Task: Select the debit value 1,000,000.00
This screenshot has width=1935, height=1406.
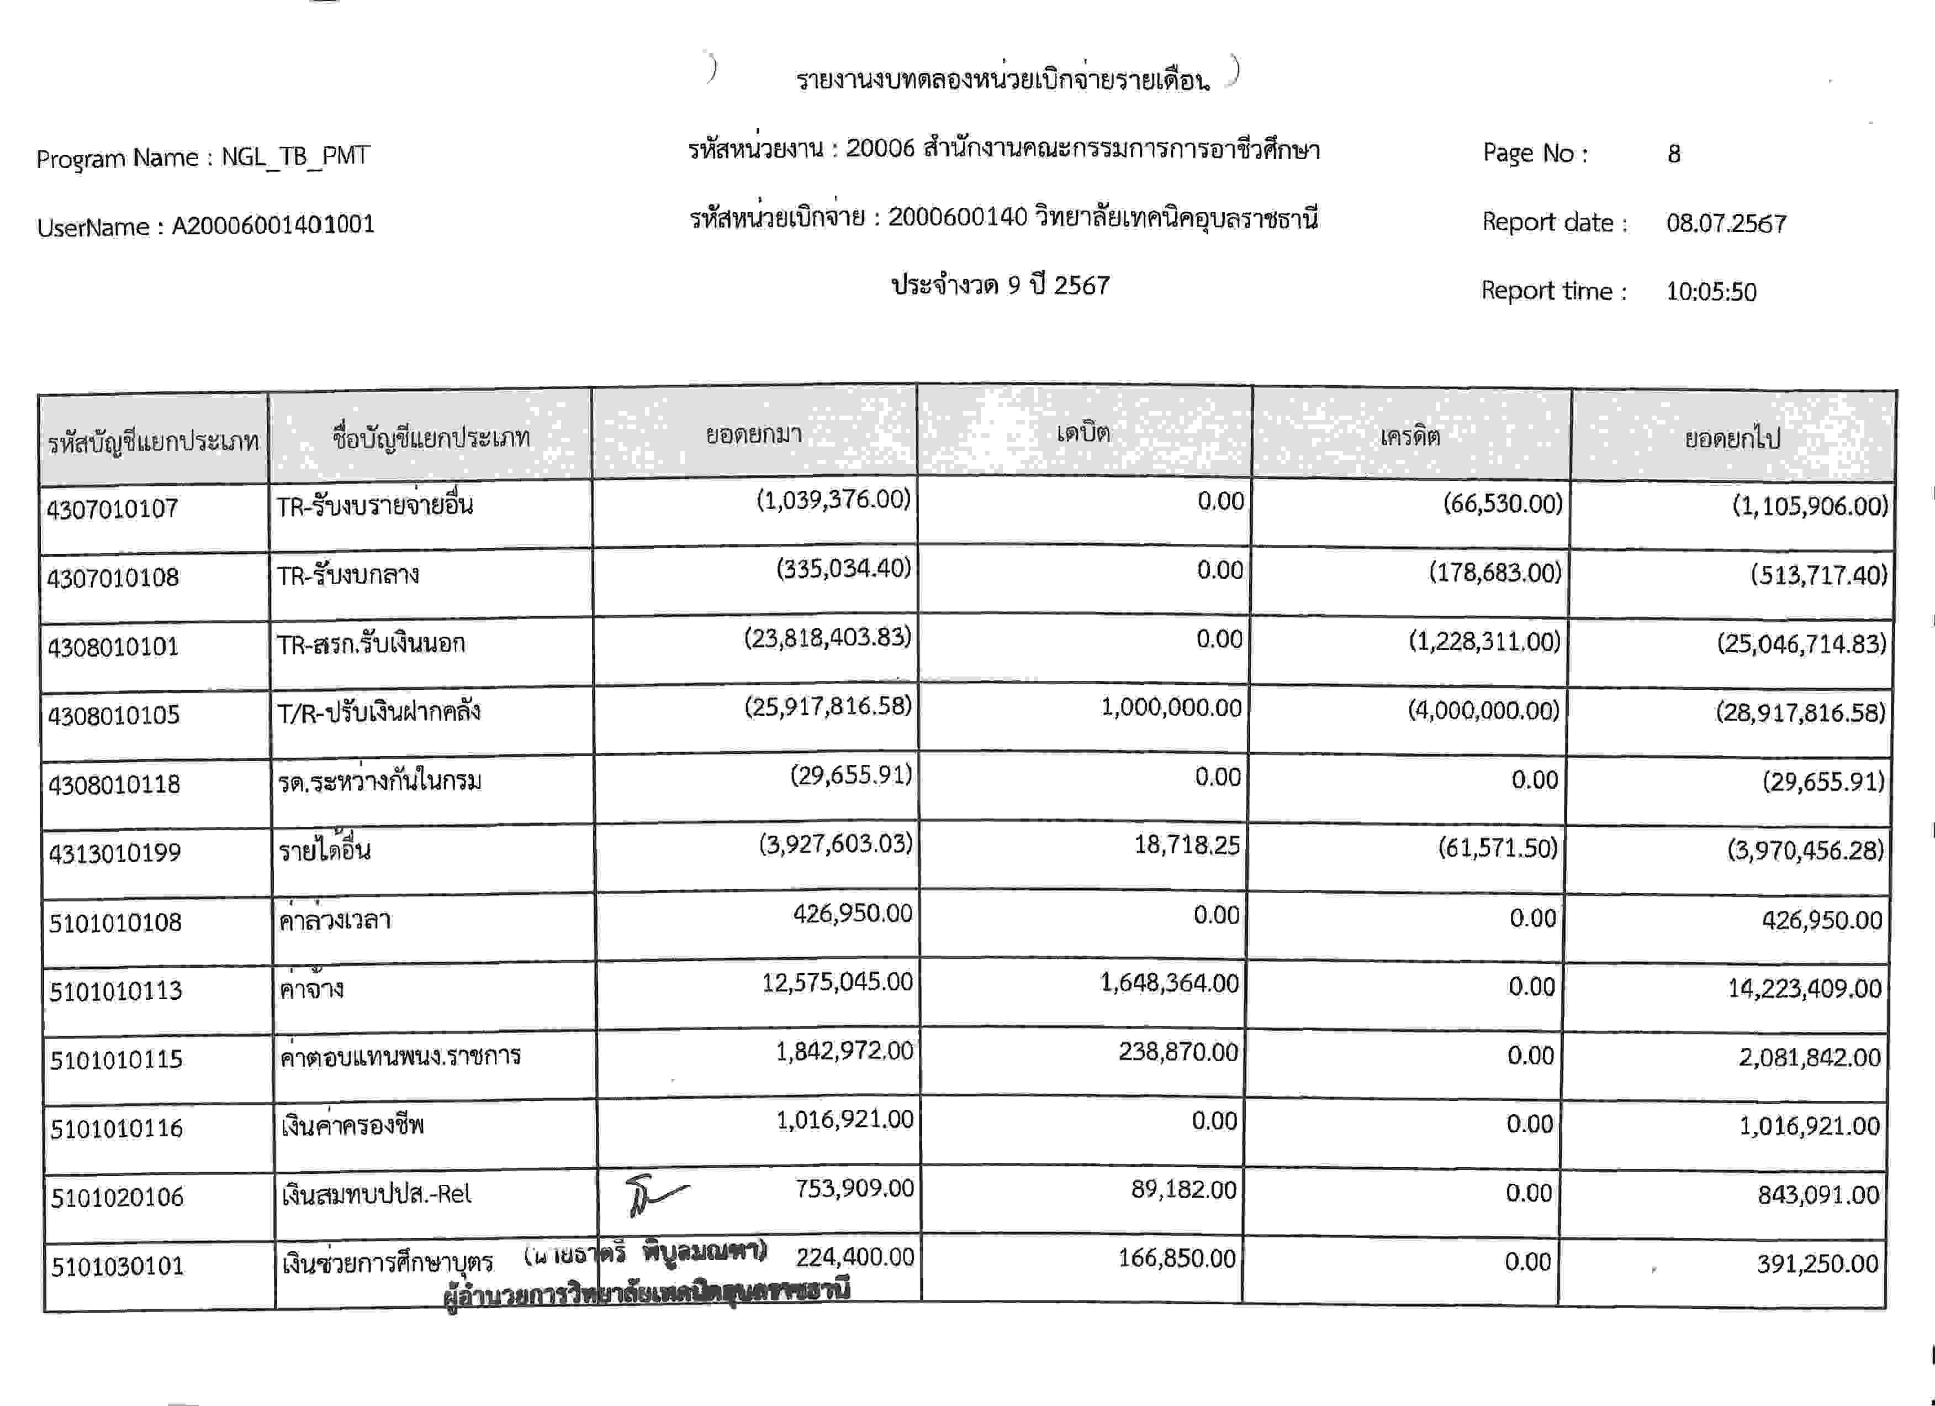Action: (1171, 707)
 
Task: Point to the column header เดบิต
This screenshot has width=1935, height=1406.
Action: (1083, 434)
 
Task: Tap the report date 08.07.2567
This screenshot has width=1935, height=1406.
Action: (1726, 224)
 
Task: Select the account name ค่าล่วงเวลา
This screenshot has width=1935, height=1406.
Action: (335, 920)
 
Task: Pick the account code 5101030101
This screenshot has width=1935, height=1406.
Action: (117, 1266)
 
